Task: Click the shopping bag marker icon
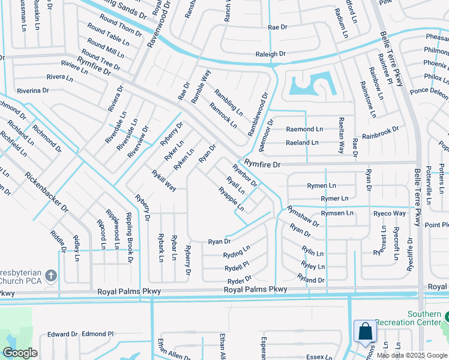click(365, 332)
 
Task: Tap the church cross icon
click(52, 275)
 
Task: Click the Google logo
click(19, 353)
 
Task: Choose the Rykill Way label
click(163, 181)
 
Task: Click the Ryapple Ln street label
click(231, 200)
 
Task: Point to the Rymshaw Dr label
click(303, 215)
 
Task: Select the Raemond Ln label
click(304, 129)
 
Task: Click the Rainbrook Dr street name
click(380, 133)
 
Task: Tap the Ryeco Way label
click(389, 214)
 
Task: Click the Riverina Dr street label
click(32, 91)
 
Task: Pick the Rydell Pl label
click(237, 266)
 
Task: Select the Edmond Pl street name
click(98, 334)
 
